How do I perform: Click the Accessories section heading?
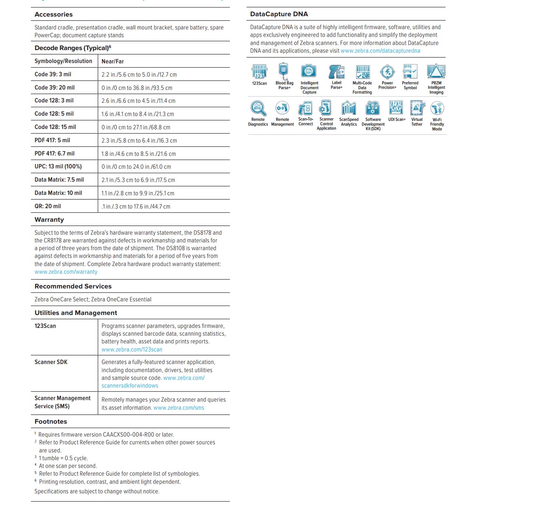pos(53,14)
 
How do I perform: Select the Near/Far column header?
pos(112,62)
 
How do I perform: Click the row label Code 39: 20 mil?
pos(55,88)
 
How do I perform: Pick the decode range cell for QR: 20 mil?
pos(136,207)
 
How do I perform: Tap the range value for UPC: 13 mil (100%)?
pos(136,167)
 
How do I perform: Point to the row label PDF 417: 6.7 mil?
pos(55,154)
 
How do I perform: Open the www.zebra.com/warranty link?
pos(66,272)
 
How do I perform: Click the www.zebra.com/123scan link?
pos(132,350)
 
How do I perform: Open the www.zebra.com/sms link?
pos(179,408)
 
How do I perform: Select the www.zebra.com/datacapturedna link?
pos(380,51)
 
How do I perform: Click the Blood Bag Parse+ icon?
pos(283,71)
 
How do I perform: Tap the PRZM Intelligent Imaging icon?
pos(436,71)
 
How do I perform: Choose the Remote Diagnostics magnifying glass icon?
pos(258,108)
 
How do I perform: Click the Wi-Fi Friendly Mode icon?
pos(437,108)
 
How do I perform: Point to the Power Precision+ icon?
pos(387,71)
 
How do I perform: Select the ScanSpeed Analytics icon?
pos(349,108)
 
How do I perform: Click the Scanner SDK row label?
pos(51,362)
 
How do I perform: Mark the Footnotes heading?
pos(51,421)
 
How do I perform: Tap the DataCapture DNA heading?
pos(279,14)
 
